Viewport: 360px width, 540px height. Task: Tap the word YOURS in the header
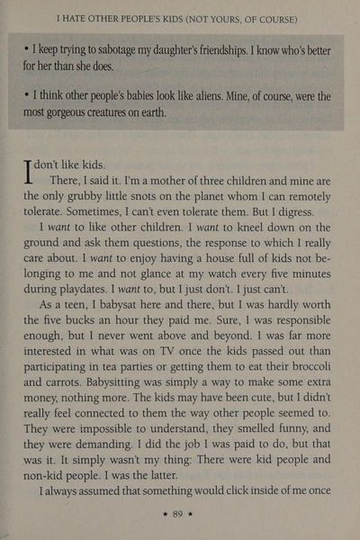(x=247, y=17)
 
